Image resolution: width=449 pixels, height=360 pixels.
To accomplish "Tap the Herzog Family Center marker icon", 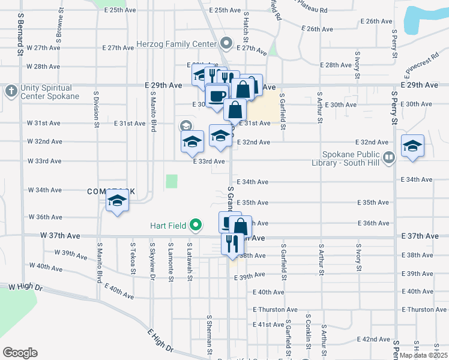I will [x=226, y=43].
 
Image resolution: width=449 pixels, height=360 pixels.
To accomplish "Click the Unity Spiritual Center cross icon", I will [x=10, y=91].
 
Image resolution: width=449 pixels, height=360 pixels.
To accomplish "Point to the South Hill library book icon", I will [x=389, y=158].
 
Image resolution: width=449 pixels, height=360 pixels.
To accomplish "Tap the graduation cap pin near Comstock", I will [x=117, y=201].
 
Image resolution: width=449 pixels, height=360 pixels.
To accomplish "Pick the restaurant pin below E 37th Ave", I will [x=232, y=243].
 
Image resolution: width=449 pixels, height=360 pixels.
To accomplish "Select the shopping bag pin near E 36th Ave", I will [x=240, y=227].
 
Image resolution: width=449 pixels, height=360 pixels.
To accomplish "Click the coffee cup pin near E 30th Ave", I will [x=217, y=95].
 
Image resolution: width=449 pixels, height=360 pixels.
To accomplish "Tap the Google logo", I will [x=20, y=353].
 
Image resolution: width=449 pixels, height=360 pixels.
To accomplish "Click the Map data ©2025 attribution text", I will [x=423, y=355].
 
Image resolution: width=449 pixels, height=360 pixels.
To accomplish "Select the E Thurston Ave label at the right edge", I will [x=425, y=310].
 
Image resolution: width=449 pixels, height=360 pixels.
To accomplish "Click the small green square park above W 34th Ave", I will [x=172, y=181].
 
